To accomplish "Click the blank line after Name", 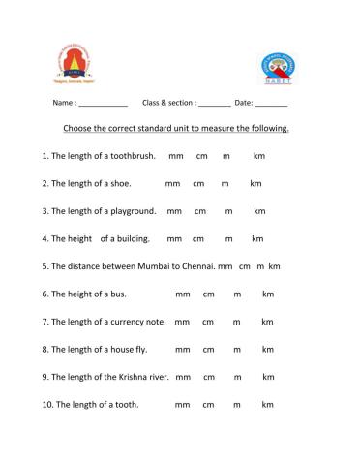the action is tap(103, 103).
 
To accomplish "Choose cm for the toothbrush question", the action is tap(202, 155).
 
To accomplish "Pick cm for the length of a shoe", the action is tap(198, 182).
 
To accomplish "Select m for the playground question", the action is tap(229, 210).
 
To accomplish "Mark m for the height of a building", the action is tap(229, 238).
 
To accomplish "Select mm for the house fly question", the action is tap(181, 349).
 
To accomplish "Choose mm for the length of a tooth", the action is tap(181, 404).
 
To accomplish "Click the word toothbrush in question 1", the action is tap(135, 155).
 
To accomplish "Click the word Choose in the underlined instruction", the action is tap(78, 128).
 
